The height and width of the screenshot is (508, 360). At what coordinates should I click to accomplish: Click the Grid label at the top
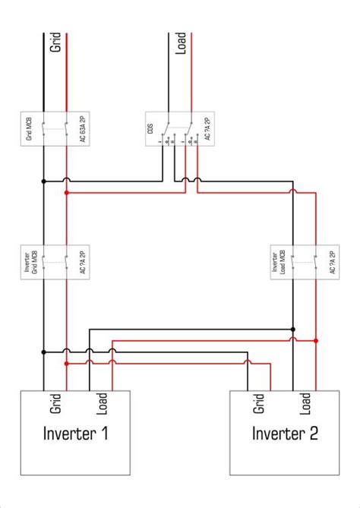coord(55,44)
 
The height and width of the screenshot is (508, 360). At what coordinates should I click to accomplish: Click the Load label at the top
coord(182,44)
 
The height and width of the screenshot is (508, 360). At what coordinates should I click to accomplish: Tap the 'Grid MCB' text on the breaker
coord(30,129)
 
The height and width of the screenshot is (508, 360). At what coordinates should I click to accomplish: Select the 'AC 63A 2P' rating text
coord(83,129)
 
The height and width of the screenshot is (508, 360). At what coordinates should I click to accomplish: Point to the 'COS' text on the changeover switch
coord(151,129)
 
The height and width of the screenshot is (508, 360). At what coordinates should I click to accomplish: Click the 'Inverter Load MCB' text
coord(278,262)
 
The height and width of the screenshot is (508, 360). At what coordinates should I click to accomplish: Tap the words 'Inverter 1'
coord(74,434)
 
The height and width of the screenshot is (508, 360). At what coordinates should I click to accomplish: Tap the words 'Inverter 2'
coord(285,434)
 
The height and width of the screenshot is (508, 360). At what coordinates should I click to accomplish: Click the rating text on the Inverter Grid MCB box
coord(83,262)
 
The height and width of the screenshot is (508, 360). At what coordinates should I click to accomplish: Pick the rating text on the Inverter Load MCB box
coord(332,262)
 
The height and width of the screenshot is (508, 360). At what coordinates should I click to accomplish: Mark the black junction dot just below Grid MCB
coord(44,181)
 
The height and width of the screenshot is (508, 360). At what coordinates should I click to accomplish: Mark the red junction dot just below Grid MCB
coord(67,193)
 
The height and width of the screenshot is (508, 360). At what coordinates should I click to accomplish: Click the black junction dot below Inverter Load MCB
coord(293,330)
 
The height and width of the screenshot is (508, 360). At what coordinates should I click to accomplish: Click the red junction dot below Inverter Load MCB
coord(316,341)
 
